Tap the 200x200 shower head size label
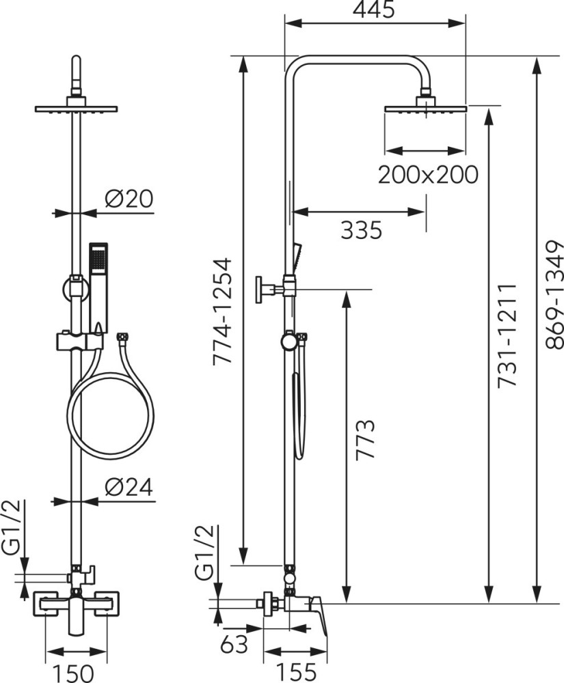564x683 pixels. pos(428,175)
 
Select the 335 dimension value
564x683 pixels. pos(361,229)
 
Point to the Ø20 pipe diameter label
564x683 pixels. pos(129,199)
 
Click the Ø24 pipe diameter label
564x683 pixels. pos(129,487)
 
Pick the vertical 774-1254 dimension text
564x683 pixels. pos(222,311)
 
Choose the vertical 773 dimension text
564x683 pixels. pos(365,440)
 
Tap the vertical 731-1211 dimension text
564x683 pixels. pos(507,335)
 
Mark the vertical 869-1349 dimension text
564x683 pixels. pos(554,294)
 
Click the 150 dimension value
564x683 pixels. pos(73,673)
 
